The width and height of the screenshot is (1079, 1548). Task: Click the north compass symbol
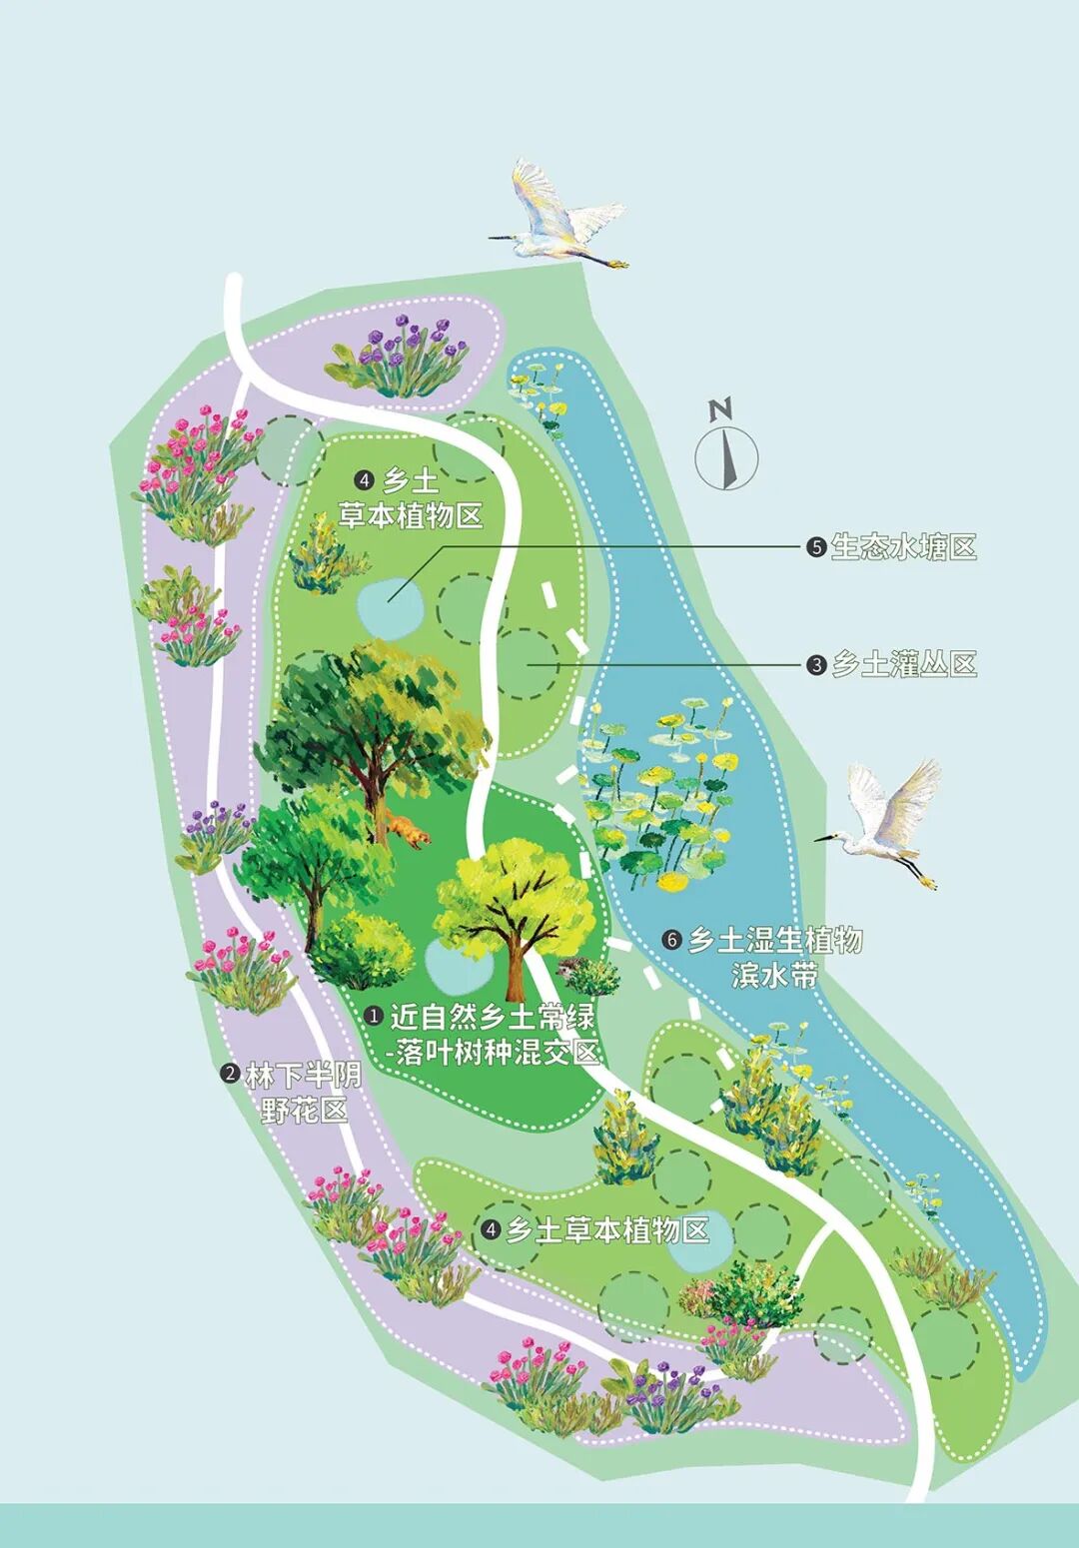pos(726,451)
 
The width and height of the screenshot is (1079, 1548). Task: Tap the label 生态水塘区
pos(903,547)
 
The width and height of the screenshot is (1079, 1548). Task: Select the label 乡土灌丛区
pos(903,664)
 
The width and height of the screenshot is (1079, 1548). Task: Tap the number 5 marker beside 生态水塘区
pos(817,547)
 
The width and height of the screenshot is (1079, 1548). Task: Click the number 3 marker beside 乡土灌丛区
pos(817,665)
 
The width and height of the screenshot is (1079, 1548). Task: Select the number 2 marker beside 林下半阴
pos(230,1076)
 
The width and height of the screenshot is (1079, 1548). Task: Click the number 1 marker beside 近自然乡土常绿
pos(375,1017)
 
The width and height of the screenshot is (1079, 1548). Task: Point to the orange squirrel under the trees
pos(408,831)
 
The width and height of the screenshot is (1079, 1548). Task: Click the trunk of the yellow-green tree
pos(516,964)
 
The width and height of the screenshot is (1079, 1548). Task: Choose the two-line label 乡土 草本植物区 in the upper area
pos(411,498)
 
